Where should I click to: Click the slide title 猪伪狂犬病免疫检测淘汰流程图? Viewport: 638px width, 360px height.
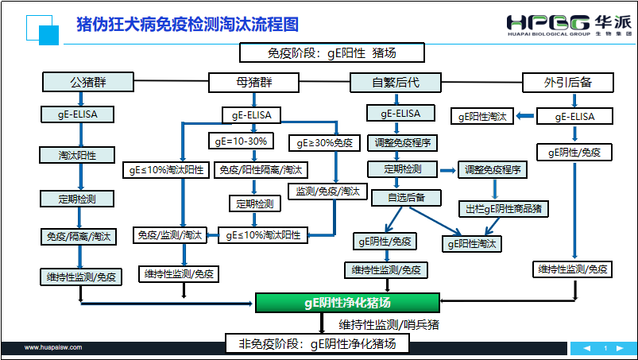coord(188,24)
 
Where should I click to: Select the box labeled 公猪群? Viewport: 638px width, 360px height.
coord(87,82)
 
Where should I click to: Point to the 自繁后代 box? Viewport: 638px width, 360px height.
coord(395,82)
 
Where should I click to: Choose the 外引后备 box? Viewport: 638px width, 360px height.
coord(568,82)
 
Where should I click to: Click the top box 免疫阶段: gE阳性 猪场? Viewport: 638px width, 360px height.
coord(332,53)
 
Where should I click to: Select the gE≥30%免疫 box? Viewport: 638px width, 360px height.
coord(326,144)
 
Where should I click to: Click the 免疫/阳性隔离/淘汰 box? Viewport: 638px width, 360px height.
coord(253,170)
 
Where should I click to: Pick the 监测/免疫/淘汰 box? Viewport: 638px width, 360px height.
coord(328,192)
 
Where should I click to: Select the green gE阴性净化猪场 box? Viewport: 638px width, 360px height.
coord(347,303)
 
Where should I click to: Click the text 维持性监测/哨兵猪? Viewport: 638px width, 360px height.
coord(389,324)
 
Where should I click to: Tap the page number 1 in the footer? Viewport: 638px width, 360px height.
coord(605,348)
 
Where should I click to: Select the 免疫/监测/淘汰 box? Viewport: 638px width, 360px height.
coord(168,235)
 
